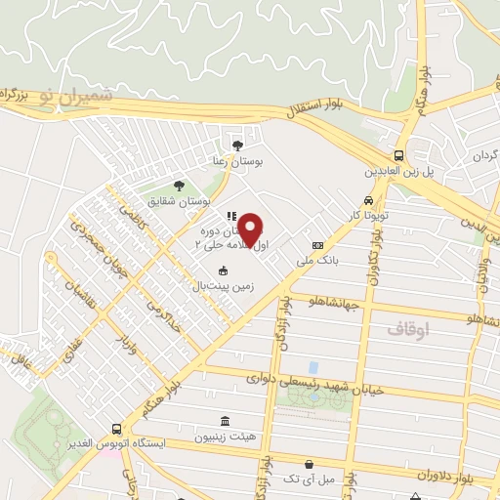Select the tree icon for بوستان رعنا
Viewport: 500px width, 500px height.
234,143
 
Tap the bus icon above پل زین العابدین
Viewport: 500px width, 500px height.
399,155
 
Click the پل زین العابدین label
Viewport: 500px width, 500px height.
398,172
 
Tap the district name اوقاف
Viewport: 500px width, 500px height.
408,329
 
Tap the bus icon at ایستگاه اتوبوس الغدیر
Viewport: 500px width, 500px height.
117,428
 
